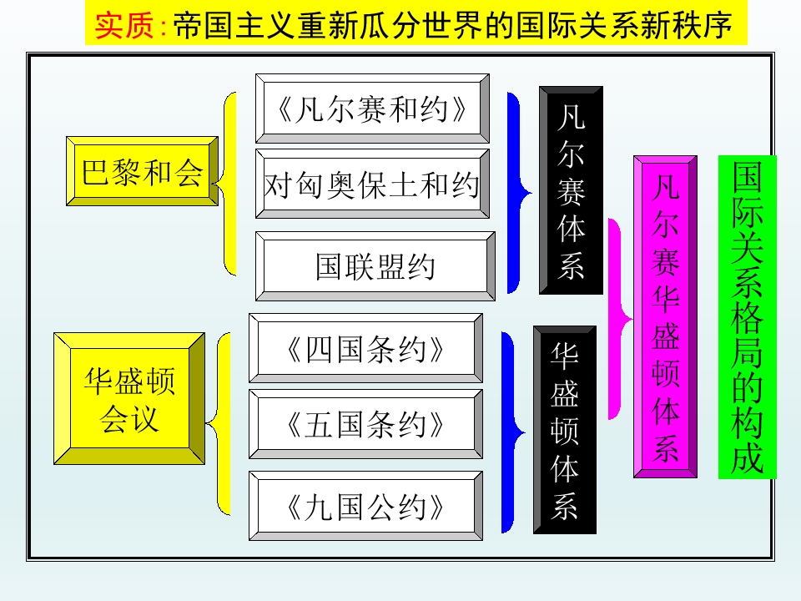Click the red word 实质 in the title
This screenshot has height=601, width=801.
(124, 25)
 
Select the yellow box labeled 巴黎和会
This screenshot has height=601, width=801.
(142, 171)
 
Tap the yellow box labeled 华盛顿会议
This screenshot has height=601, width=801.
(129, 399)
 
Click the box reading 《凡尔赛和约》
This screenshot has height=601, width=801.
(372, 109)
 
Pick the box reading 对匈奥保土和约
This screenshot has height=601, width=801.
(372, 184)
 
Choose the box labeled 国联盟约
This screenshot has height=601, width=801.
(375, 266)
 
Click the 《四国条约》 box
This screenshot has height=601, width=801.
(365, 348)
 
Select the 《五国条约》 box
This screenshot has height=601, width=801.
(365, 424)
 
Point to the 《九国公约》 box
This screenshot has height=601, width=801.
(365, 506)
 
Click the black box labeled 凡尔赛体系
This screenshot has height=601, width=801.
(571, 190)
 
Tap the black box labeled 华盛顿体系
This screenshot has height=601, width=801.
(565, 430)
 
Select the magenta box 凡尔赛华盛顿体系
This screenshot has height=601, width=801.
(666, 317)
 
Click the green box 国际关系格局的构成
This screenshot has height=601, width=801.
(748, 317)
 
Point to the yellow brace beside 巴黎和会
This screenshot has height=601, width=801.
(224, 184)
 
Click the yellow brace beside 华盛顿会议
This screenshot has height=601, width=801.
(219, 424)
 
